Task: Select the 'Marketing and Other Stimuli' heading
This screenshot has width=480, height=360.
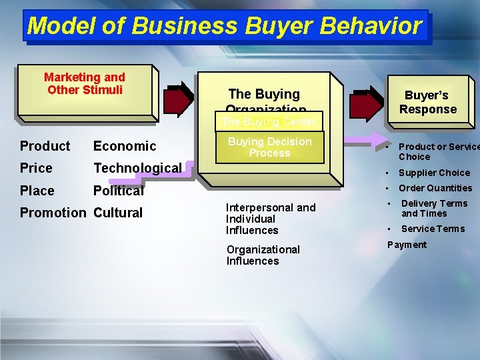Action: point(85,84)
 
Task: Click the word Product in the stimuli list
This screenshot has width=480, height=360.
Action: point(45,146)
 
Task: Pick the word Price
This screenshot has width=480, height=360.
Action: point(36,168)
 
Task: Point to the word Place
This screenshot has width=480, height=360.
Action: point(37,191)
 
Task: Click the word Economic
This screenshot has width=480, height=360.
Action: point(125,146)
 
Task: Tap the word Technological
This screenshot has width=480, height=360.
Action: point(137,168)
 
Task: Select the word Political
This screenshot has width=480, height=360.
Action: point(119,191)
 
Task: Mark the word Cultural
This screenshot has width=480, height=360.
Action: point(118,213)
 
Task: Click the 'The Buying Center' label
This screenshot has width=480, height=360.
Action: point(269,122)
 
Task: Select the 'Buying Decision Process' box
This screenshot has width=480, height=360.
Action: point(269,147)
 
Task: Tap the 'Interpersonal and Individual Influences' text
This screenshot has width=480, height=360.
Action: point(271,219)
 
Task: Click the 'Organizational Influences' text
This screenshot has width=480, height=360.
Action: point(263,255)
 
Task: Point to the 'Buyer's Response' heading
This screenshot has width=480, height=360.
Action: point(427,102)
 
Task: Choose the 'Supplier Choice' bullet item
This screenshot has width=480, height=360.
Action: point(434,173)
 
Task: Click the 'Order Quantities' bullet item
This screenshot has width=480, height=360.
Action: point(435,188)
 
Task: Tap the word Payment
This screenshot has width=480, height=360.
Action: point(407,245)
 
